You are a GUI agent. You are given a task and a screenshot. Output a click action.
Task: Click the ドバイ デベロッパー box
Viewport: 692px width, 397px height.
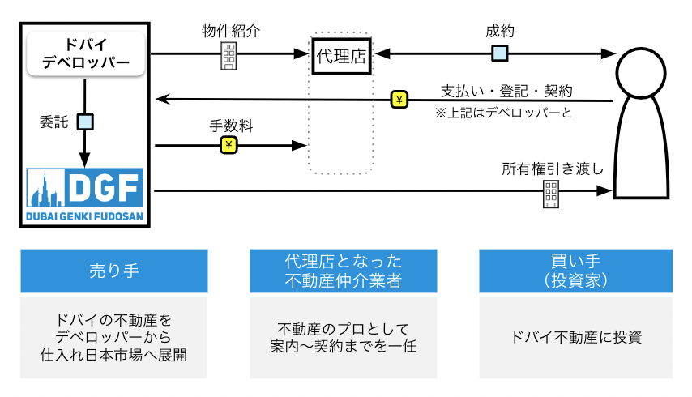tap(85, 54)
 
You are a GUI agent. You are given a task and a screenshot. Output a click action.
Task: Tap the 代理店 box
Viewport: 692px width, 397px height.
tap(340, 55)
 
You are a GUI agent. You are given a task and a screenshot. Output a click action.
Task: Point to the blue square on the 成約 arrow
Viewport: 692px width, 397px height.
tap(501, 54)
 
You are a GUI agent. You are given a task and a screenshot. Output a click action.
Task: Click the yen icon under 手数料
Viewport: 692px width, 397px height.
tap(229, 146)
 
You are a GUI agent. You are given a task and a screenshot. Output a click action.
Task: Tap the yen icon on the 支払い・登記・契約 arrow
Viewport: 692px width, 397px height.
tap(399, 100)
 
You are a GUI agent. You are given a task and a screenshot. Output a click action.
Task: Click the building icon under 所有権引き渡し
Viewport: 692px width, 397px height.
tap(551, 192)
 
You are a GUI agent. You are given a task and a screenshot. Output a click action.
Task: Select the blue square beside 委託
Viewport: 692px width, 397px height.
tap(85, 122)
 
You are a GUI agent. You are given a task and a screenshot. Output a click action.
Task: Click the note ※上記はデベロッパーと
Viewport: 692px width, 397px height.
tap(504, 113)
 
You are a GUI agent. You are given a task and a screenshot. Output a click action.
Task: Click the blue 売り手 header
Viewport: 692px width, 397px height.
tap(114, 271)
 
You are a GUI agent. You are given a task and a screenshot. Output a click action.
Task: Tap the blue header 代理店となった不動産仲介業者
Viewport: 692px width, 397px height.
tap(344, 271)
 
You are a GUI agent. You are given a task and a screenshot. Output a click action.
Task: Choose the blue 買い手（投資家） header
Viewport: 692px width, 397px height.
tap(575, 271)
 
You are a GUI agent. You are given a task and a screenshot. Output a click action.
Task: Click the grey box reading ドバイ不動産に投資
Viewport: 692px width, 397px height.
tap(575, 338)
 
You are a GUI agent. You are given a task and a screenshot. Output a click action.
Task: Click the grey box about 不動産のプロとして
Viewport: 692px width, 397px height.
tap(344, 338)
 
